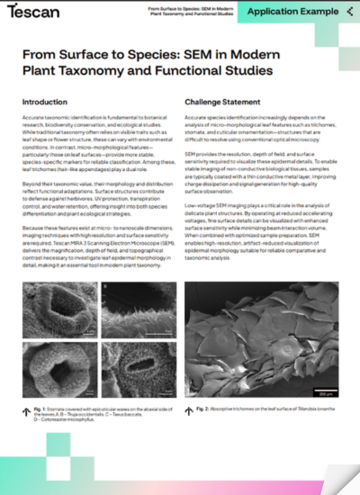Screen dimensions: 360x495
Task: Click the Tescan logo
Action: point(34,11)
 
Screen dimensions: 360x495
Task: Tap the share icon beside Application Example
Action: point(347,11)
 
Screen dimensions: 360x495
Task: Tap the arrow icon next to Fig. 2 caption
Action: point(189,409)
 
